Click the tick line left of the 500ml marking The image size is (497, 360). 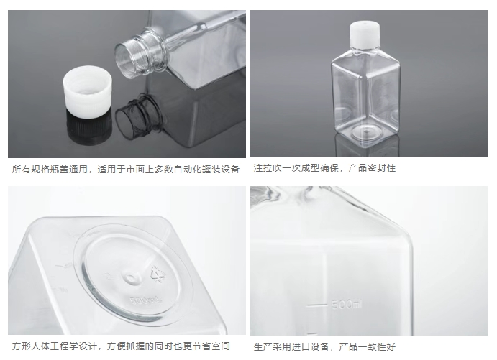(x=317, y=305)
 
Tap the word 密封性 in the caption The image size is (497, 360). (x=382, y=168)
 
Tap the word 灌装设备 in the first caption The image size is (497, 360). (x=222, y=170)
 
